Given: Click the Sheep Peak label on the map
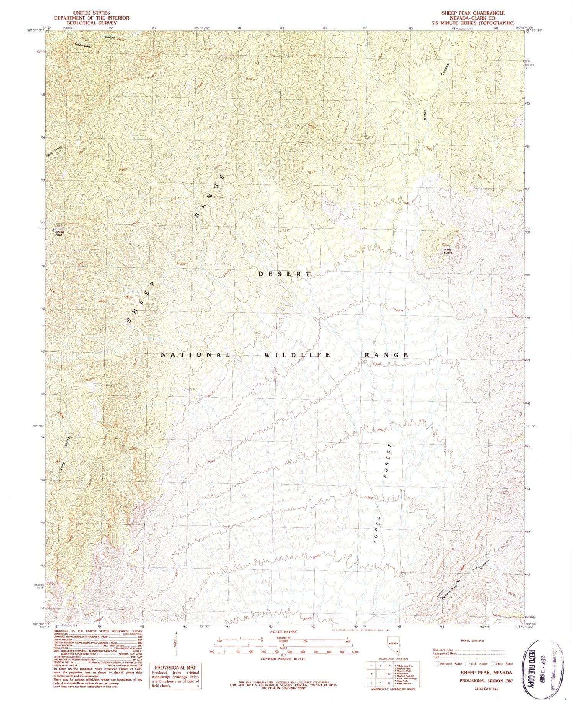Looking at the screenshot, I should [x=59, y=233].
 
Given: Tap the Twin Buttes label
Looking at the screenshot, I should [x=448, y=251].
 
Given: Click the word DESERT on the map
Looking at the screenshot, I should [x=284, y=274].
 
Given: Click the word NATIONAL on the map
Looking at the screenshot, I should [x=195, y=355].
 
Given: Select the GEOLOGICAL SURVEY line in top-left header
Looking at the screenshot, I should [x=91, y=23].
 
